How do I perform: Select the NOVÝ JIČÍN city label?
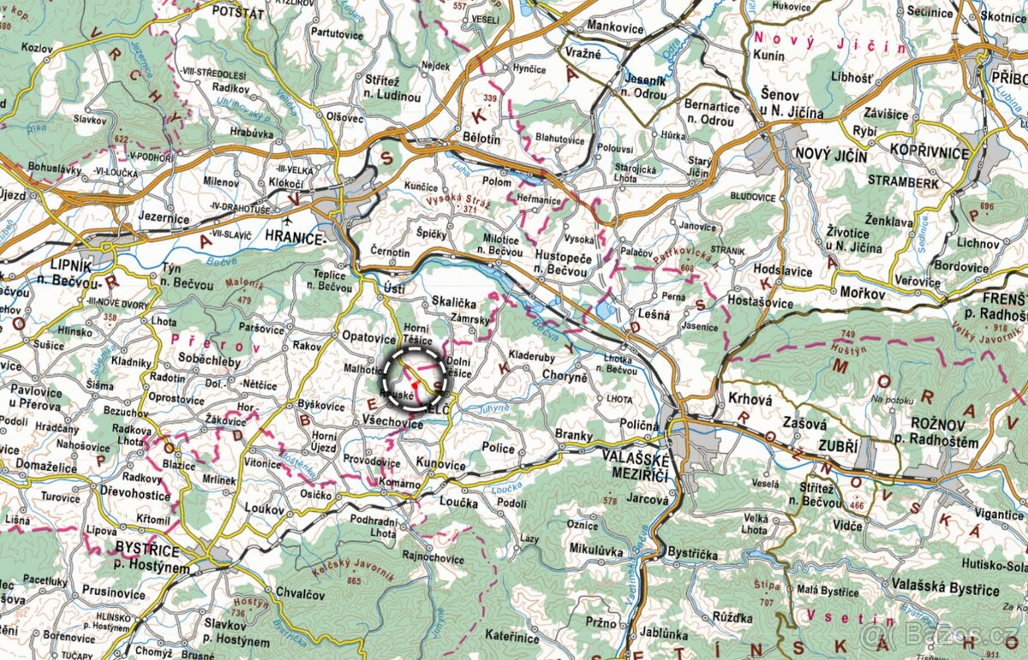(x=832, y=157)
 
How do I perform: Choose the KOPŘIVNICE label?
(x=929, y=153)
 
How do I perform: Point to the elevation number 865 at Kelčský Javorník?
(x=353, y=582)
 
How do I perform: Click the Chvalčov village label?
(x=300, y=592)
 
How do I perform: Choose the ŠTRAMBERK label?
(x=903, y=182)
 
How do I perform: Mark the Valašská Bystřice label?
(x=958, y=591)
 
